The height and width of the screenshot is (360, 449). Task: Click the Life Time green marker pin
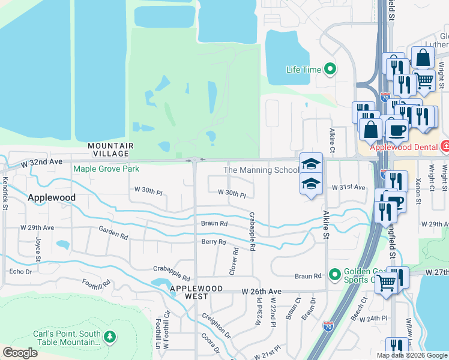pyautogui.click(x=330, y=70)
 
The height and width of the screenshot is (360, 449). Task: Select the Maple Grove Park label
pyautogui.click(x=106, y=169)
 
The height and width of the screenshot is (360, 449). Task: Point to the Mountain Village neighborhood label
pyautogui.click(x=110, y=149)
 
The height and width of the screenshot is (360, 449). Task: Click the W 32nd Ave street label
pyautogui.click(x=42, y=163)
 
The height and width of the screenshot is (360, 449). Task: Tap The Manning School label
pyautogui.click(x=261, y=170)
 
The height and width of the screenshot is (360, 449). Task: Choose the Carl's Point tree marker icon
pyautogui.click(x=109, y=337)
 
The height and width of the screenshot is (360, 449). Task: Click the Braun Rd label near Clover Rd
pyautogui.click(x=214, y=223)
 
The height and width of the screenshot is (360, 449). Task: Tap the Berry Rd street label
pyautogui.click(x=214, y=242)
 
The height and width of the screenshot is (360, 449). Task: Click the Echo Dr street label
pyautogui.click(x=20, y=272)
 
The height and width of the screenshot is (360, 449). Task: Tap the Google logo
pyautogui.click(x=20, y=353)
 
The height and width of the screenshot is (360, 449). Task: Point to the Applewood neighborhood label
pyautogui.click(x=52, y=197)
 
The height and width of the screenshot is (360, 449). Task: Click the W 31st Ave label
pyautogui.click(x=349, y=187)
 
